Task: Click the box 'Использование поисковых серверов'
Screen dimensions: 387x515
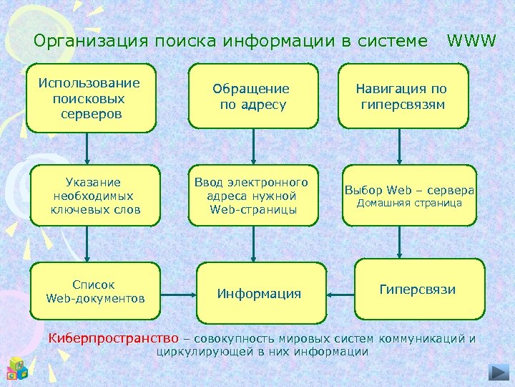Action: coord(91,97)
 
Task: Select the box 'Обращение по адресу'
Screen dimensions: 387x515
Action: coord(253,97)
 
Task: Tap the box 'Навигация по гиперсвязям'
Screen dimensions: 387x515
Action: coord(402,97)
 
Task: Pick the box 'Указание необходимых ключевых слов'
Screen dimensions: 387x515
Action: coord(95,196)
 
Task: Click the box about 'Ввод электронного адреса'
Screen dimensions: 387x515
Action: coord(253,196)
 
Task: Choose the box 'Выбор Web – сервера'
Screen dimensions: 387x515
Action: coord(410,196)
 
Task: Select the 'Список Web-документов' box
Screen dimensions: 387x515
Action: coord(95,290)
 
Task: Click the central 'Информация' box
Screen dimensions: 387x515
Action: coord(260,294)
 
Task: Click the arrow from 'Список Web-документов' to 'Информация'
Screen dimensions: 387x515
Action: coord(178,293)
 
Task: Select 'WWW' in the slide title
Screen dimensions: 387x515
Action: coord(471,41)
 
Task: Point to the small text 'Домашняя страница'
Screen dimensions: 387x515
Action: coord(410,204)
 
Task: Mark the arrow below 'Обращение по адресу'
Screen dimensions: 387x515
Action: coord(252,149)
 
